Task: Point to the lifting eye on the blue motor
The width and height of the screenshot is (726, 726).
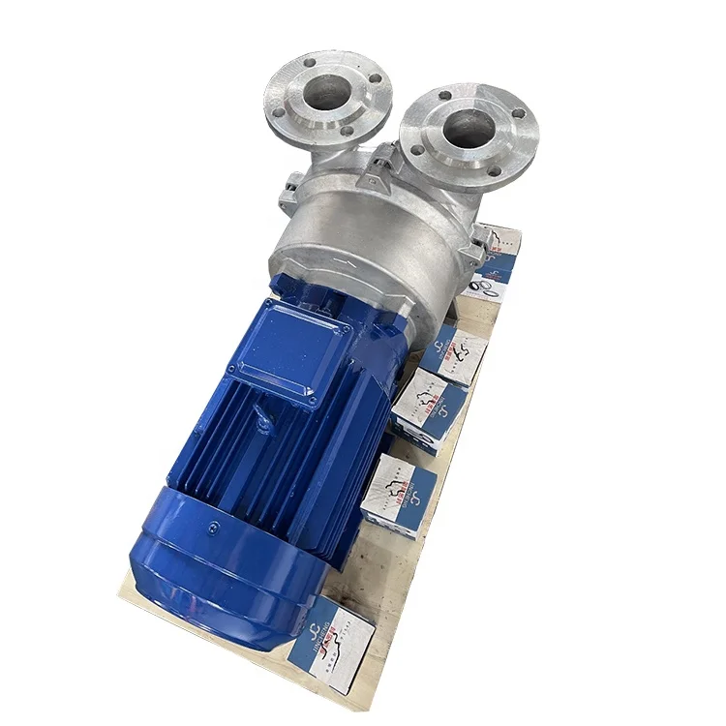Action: click(263, 422)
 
